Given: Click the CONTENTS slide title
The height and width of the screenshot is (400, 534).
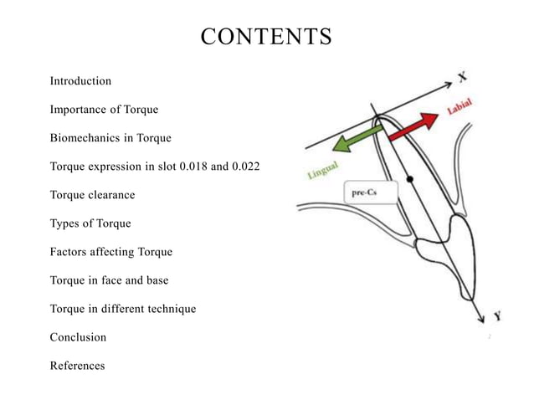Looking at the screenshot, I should (267, 38).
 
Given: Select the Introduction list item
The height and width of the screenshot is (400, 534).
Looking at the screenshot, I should (80, 81).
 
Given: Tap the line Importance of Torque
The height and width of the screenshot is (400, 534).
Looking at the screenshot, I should (104, 110).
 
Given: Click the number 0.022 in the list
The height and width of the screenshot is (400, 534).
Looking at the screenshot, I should (244, 167).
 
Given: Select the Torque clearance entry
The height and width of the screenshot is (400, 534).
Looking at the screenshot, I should (92, 195).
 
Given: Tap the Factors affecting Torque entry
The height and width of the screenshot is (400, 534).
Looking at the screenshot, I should (111, 252).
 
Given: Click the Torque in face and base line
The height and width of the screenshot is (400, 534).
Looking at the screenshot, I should (109, 280).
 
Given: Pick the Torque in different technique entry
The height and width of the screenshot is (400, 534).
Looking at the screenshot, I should (123, 309).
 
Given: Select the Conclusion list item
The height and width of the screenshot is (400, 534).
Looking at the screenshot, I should (78, 337).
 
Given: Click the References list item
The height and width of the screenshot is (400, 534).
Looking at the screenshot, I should (77, 366).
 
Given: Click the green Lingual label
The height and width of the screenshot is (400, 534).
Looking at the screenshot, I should (321, 172).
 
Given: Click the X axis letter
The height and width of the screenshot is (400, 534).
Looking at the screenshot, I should (462, 76).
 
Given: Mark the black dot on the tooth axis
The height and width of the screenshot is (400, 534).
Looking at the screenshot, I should (409, 179).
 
